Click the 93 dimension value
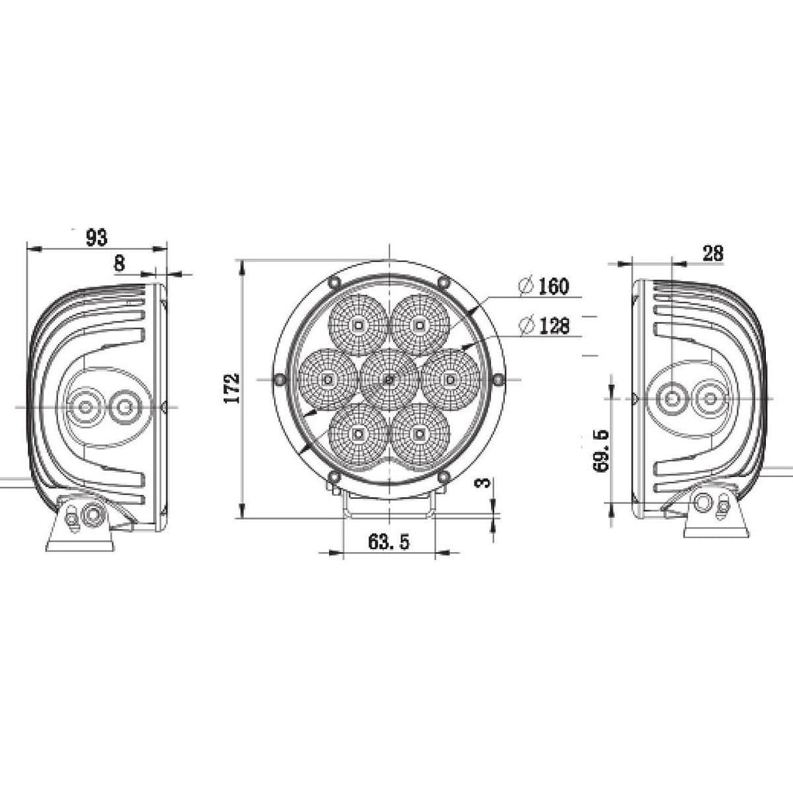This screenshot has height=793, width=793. pyautogui.click(x=97, y=237)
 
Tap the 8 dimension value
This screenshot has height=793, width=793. pyautogui.click(x=120, y=263)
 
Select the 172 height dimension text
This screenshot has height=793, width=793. pyautogui.click(x=231, y=389)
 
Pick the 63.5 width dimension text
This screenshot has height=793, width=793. pyautogui.click(x=389, y=541)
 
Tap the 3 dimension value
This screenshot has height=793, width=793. pyautogui.click(x=484, y=482)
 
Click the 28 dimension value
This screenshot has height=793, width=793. pyautogui.click(x=713, y=253)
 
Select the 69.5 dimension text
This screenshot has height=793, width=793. pyautogui.click(x=602, y=450)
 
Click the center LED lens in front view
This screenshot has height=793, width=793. pyautogui.click(x=389, y=379)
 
